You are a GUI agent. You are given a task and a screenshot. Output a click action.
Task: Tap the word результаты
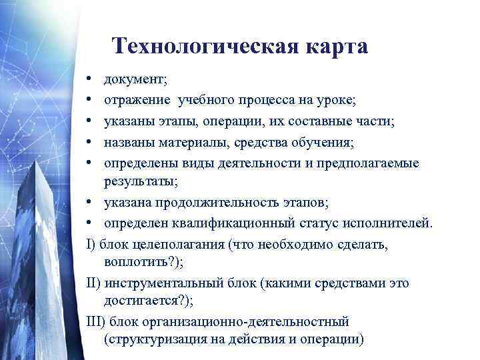(137, 180)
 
